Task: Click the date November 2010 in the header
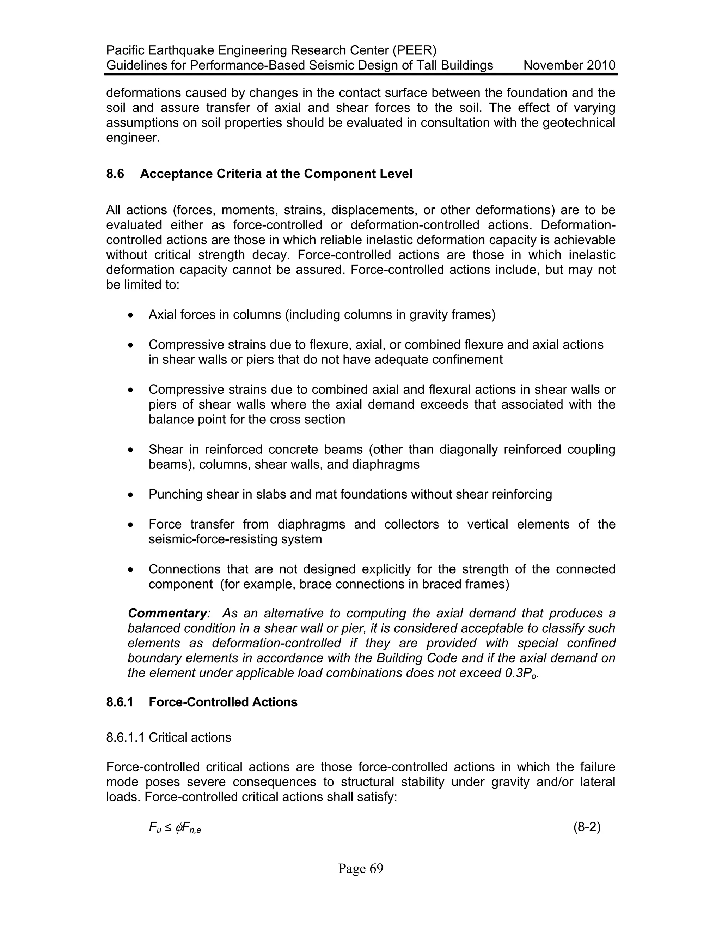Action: [569, 66]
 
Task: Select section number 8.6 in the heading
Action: [115, 174]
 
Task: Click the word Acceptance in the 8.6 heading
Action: [176, 174]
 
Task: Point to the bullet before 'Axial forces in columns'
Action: [131, 315]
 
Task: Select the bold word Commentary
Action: [167, 613]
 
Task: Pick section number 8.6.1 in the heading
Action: [120, 702]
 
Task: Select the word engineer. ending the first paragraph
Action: [133, 138]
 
